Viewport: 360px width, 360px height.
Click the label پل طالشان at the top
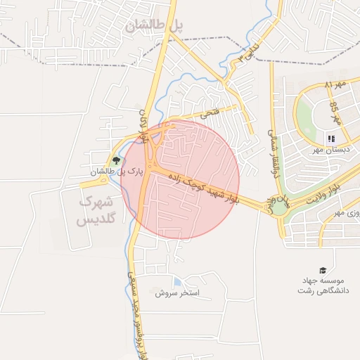click(155, 25)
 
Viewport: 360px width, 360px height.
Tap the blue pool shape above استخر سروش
click(174, 281)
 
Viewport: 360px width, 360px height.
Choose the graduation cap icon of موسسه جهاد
click(323, 270)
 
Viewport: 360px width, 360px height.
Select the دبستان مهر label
click(330, 150)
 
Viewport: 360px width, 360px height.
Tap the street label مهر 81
click(336, 85)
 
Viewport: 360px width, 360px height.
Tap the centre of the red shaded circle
click(180, 179)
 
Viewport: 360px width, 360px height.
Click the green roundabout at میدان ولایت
click(279, 206)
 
